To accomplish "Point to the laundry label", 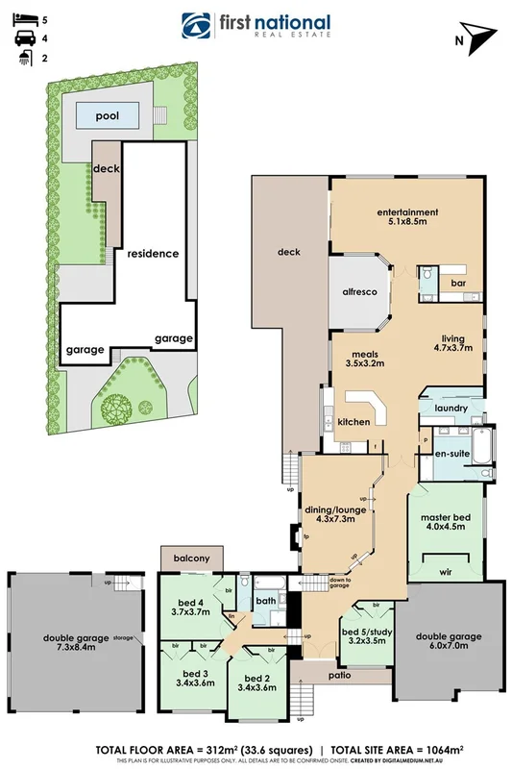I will [x=451, y=408].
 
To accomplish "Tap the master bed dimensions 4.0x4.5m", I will [x=444, y=526].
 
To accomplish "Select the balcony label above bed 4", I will [x=191, y=558].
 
